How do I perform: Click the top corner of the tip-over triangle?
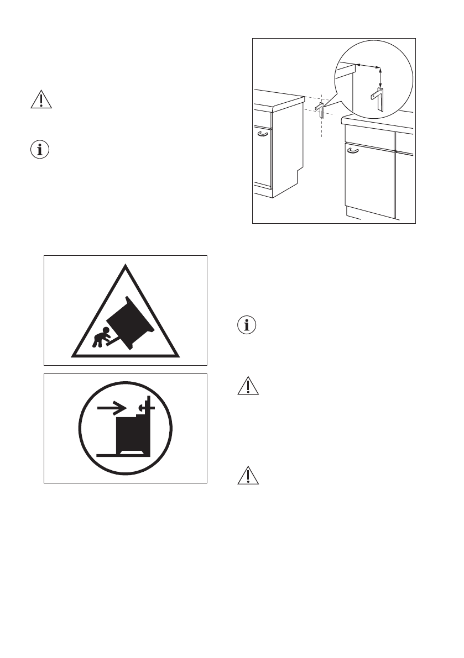point(126,267)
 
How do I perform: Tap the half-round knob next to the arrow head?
point(142,407)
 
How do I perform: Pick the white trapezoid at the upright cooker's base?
point(132,453)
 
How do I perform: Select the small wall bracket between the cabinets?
point(320,106)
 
